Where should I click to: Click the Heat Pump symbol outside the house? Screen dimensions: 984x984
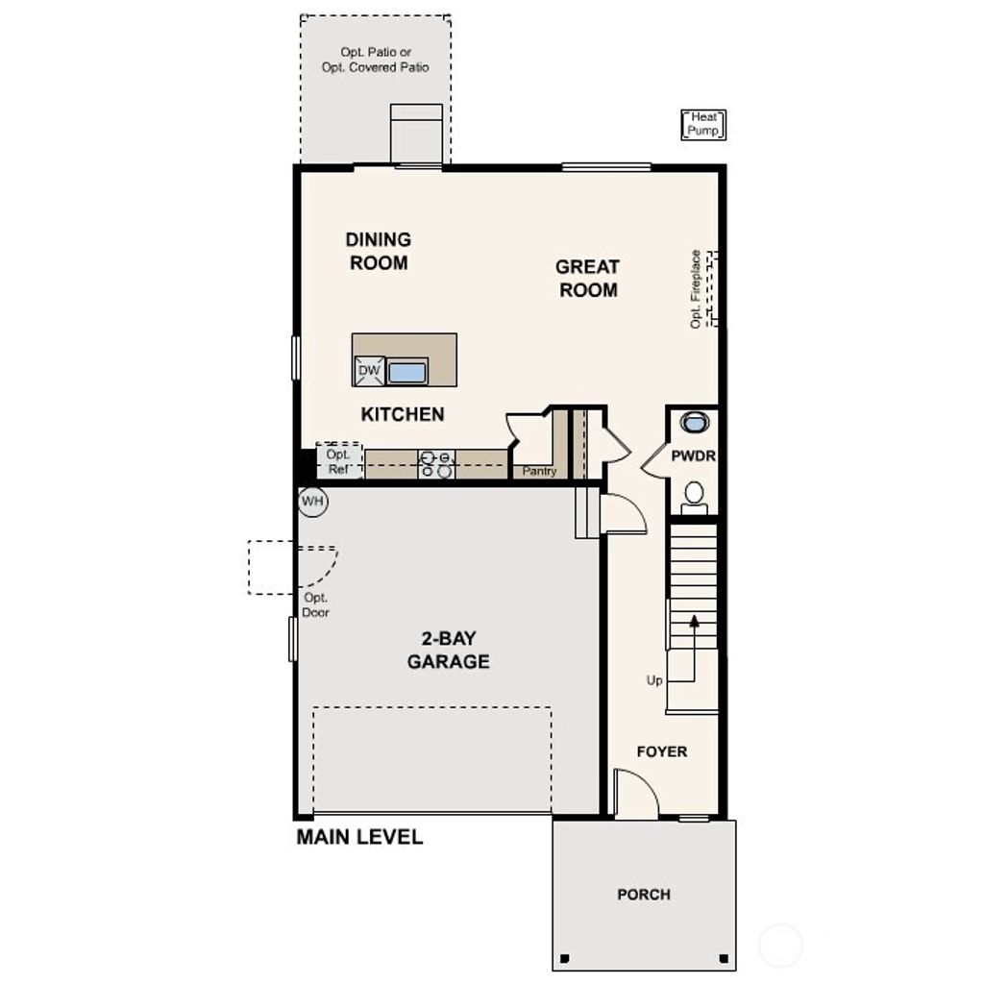click(703, 125)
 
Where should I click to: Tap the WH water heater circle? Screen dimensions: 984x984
click(312, 501)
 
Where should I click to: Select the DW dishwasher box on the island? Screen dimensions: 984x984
click(369, 371)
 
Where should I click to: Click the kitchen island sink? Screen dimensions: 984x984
click(407, 371)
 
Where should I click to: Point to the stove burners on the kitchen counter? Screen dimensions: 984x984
click(436, 464)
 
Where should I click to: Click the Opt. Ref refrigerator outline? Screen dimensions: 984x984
click(339, 461)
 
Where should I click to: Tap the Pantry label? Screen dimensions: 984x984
click(539, 471)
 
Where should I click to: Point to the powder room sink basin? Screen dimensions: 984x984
click(694, 422)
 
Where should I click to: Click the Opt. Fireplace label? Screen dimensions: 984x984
click(696, 289)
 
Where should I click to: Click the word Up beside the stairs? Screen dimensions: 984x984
click(654, 680)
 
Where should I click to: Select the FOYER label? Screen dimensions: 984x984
click(662, 751)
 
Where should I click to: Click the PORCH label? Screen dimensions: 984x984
click(644, 895)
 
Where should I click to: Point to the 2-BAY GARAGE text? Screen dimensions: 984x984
click(448, 650)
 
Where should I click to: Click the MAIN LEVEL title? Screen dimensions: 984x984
click(359, 837)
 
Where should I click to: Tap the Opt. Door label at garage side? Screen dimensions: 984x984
click(315, 604)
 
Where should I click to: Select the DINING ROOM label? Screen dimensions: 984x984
click(379, 251)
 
